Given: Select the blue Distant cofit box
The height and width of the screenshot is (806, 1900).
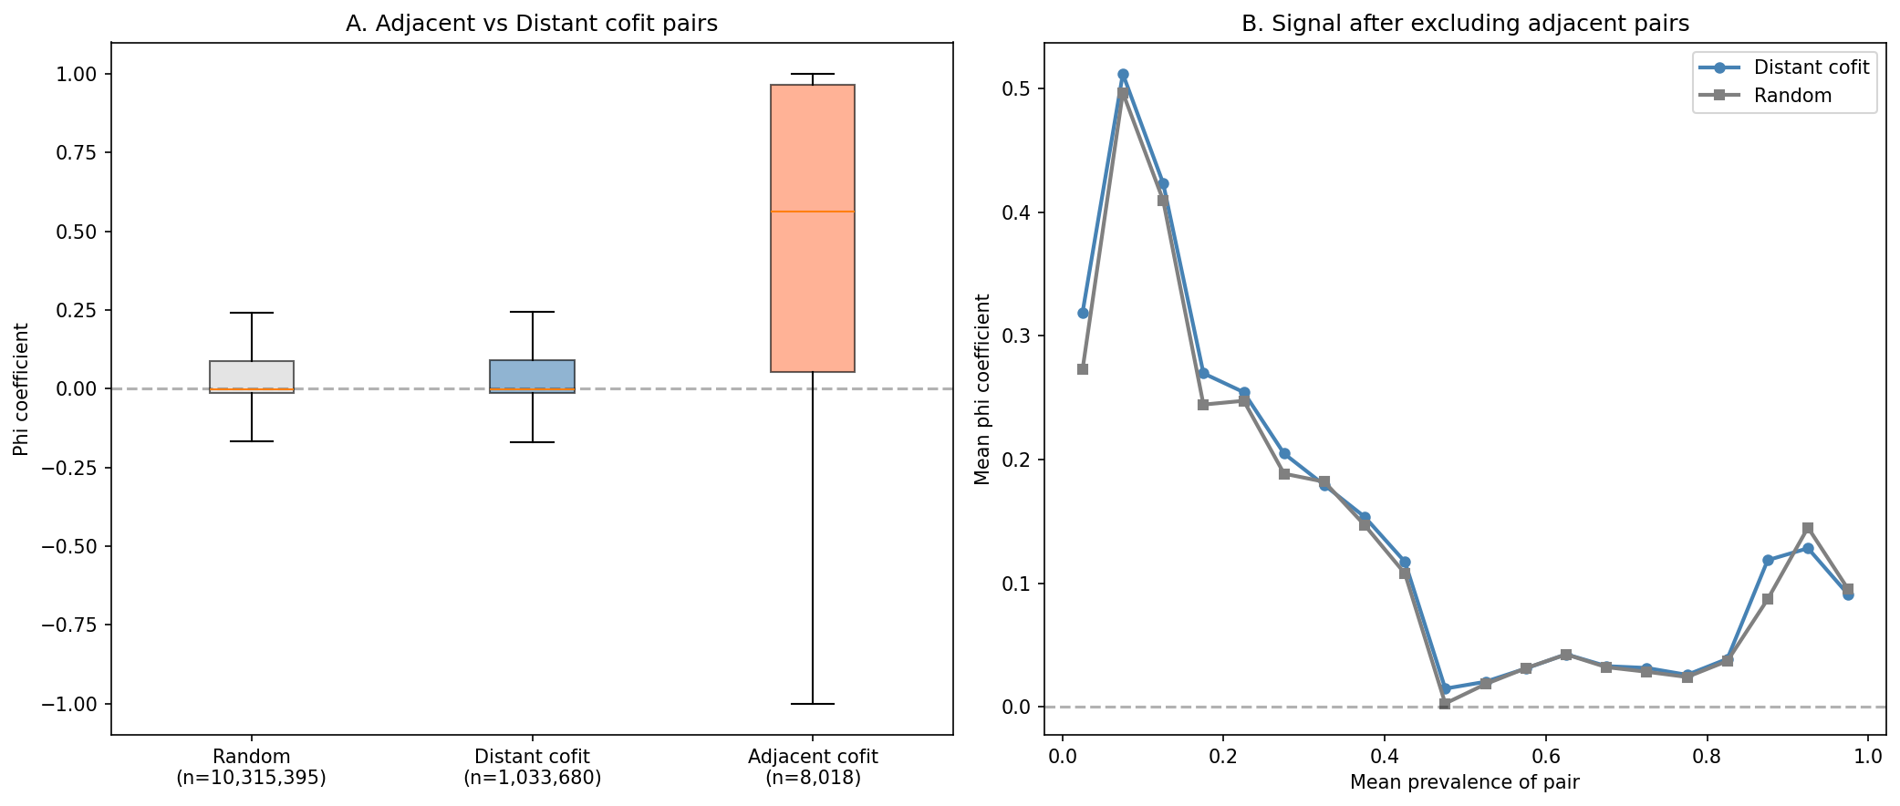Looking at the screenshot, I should (x=532, y=374).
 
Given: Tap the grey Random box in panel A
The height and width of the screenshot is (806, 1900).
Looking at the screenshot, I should (x=252, y=374).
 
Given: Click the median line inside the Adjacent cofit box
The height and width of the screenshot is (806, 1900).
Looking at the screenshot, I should (x=812, y=212).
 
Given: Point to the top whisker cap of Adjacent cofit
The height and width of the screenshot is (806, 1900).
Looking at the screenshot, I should (x=812, y=74).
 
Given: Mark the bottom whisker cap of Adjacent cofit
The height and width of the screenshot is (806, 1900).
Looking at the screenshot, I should (x=812, y=704).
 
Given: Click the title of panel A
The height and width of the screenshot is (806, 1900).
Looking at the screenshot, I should (x=531, y=24).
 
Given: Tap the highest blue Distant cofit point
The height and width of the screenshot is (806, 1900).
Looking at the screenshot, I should (x=1123, y=75).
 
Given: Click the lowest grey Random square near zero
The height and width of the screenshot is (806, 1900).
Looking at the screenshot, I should (x=1445, y=704).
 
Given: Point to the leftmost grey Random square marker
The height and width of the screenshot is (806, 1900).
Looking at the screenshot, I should (x=1083, y=369).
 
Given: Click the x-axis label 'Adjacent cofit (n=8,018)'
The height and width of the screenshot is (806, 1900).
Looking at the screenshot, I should (x=812, y=767).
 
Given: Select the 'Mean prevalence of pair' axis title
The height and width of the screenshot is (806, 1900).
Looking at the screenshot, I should (x=1464, y=782).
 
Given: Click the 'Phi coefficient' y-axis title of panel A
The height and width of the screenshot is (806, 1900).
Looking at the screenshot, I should (x=21, y=389).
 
